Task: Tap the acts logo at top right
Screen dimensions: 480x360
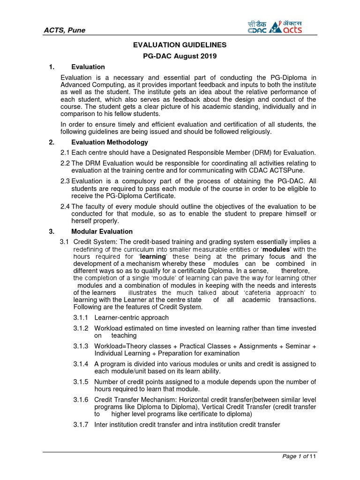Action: (x=287, y=27)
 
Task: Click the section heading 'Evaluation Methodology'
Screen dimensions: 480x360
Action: (x=109, y=142)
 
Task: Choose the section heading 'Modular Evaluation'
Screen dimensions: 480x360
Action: (x=102, y=232)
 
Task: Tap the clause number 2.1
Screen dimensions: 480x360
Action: (x=65, y=153)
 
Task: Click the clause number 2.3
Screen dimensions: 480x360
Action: (x=65, y=181)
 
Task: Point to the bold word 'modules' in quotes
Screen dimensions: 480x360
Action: (x=277, y=249)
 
